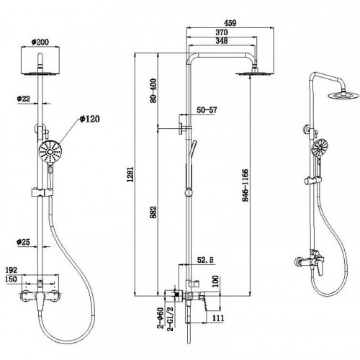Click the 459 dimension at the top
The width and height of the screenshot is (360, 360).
pos(230,23)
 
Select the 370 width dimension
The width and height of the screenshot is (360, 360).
pos(222,32)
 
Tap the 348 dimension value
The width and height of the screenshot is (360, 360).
pos(222,40)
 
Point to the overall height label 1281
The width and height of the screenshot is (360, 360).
pos(130,174)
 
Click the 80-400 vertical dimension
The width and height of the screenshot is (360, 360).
pos(153,91)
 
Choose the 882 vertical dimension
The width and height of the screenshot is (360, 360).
pos(153,212)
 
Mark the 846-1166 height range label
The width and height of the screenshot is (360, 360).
pos(245,185)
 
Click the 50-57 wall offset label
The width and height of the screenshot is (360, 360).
pos(207,110)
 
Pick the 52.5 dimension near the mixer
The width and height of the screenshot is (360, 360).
pos(205,260)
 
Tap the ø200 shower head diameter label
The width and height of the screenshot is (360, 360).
pos(40,42)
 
